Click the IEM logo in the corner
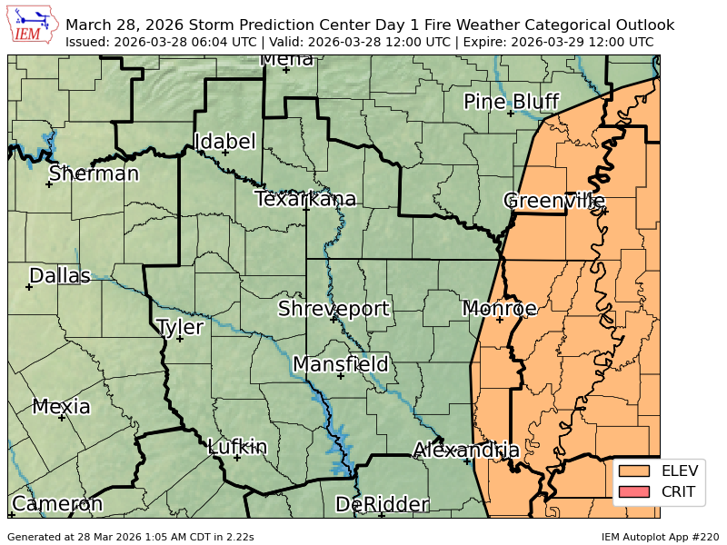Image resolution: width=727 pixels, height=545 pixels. coord(33,25)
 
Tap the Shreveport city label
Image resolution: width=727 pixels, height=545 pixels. coord(334,308)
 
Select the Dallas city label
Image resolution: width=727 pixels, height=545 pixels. coord(60,275)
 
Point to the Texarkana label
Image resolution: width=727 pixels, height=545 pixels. coord(305,199)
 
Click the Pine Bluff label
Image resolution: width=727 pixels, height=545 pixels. coord(511,101)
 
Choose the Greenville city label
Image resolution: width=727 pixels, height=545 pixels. coord(554,200)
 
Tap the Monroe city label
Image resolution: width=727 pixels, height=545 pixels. coord(500,308)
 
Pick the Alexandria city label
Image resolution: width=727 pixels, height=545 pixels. coord(466,450)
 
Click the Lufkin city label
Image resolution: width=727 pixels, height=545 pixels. coord(237,446)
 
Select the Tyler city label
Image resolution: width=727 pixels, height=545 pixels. coord(180,327)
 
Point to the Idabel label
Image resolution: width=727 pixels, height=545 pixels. coord(225,142)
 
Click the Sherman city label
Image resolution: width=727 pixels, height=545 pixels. coord(94,173)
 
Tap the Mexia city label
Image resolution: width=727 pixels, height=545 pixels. coord(62,406)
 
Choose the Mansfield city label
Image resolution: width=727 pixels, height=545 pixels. coord(341,364)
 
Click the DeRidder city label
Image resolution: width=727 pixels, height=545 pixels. coord(382,504)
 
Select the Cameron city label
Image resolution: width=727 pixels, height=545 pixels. coord(56,503)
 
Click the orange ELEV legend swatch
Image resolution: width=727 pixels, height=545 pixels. coord(635,471)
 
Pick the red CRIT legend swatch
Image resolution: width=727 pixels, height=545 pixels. coord(635,492)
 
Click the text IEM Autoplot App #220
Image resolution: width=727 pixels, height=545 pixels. coord(660,537)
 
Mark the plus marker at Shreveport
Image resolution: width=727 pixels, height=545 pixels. coord(334,319)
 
